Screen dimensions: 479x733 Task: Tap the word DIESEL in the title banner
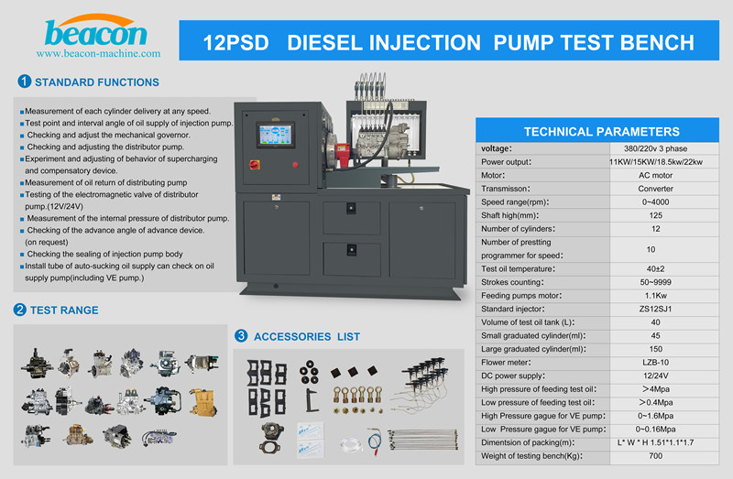334,43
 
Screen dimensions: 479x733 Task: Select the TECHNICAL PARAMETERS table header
601,131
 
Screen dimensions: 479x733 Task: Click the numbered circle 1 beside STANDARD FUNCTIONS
20,82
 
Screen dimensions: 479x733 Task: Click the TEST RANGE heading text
65,310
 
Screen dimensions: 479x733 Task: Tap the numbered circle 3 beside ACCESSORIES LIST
242,336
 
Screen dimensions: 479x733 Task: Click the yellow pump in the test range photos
202,404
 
